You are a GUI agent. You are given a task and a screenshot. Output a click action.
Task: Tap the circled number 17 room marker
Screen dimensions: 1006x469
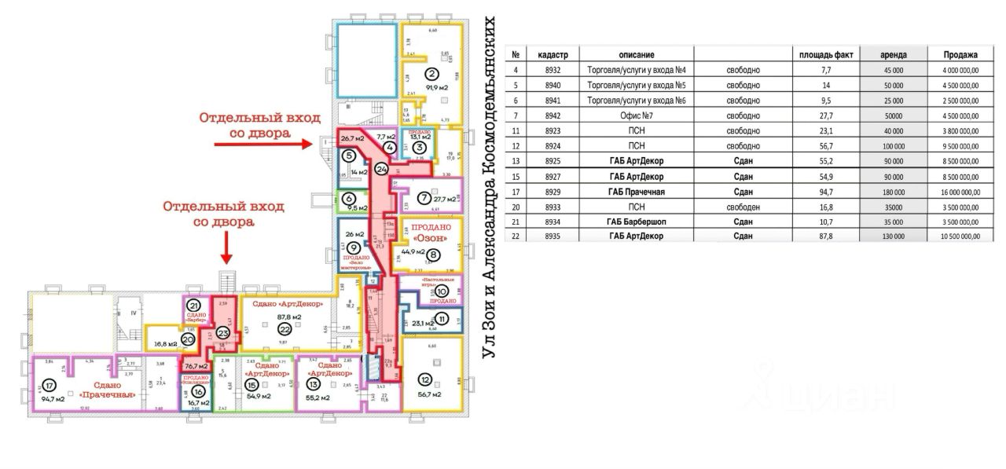point(49,386)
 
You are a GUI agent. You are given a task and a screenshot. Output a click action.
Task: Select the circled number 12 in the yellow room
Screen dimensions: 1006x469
point(425,380)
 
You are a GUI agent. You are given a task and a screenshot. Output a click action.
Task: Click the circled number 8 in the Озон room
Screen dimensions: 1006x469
point(432,253)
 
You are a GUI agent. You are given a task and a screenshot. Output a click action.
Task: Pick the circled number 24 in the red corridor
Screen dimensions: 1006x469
point(382,168)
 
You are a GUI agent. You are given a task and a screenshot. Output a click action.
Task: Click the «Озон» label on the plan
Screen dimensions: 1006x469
point(429,238)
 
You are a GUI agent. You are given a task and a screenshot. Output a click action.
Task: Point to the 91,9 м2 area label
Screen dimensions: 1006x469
point(431,87)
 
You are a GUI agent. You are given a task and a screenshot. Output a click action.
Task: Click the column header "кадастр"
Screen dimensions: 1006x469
point(558,55)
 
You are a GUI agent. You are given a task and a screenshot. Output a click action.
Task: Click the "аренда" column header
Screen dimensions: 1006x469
point(893,55)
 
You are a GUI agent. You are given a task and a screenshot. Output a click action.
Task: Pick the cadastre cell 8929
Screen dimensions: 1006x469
point(558,191)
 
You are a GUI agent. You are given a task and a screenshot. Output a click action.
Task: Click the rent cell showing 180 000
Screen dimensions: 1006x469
point(893,191)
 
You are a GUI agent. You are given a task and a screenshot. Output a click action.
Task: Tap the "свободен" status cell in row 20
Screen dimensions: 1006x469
point(743,206)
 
